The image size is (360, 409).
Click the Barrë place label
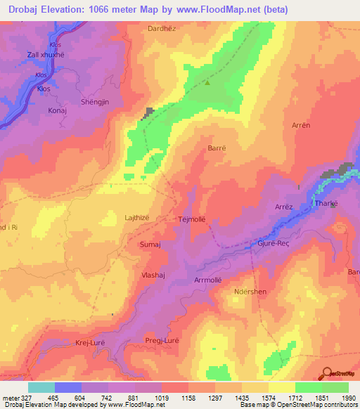(217, 148)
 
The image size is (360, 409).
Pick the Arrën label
(300, 124)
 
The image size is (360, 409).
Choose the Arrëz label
(284, 208)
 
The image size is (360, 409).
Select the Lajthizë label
(137, 218)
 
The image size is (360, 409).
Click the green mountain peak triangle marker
(207, 82)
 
